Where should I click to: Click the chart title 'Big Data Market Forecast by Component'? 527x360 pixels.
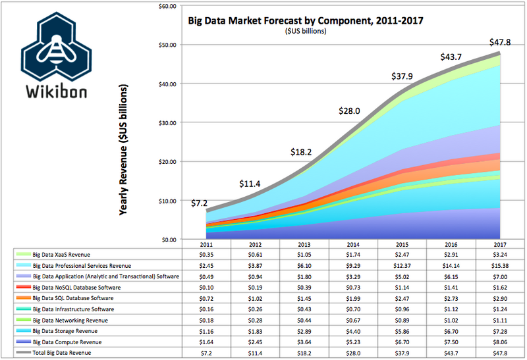[305, 20]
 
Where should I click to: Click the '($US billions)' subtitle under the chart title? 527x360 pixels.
[304, 31]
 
